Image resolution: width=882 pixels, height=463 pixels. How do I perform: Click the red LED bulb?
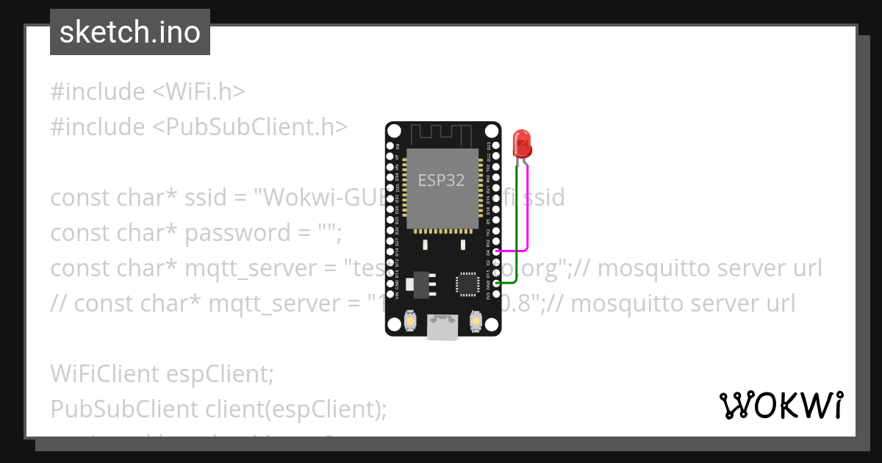tap(522, 143)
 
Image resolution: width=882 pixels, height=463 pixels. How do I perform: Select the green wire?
tap(517, 228)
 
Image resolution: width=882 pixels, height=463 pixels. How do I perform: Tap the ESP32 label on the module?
tap(441, 180)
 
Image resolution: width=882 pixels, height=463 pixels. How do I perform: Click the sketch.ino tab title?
tap(130, 32)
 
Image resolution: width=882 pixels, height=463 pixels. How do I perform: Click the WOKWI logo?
tap(781, 405)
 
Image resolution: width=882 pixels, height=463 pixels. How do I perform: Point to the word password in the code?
tap(229, 233)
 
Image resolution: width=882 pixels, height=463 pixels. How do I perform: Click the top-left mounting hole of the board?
tap(394, 132)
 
